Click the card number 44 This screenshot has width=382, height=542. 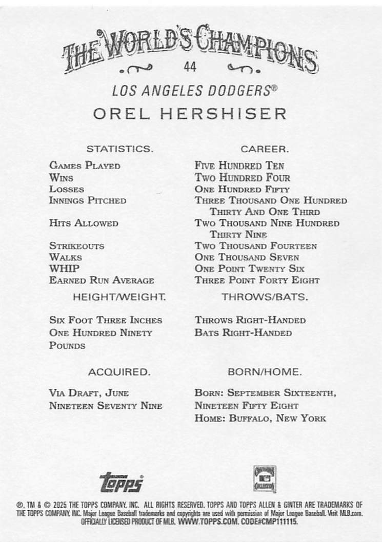[190, 67]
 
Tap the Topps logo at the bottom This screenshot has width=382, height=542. [121, 482]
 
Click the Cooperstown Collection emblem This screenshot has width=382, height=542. [265, 479]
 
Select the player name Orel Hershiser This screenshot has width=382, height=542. [190, 114]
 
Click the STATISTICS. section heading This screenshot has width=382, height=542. [119, 149]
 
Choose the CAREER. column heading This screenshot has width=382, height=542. [265, 149]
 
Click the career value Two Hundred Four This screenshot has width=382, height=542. [243, 178]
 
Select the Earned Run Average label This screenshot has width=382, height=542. [102, 280]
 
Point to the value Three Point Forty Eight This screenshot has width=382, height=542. [257, 280]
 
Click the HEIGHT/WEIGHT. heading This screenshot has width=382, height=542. [119, 297]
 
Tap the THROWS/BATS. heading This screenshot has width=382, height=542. [265, 297]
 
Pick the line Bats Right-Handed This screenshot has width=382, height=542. [243, 332]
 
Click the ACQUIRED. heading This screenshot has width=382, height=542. [119, 371]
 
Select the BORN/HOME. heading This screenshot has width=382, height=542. [265, 371]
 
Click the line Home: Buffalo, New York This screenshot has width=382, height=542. [260, 418]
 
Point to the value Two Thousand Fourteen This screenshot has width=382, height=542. [256, 246]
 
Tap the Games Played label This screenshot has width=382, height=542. [85, 165]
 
